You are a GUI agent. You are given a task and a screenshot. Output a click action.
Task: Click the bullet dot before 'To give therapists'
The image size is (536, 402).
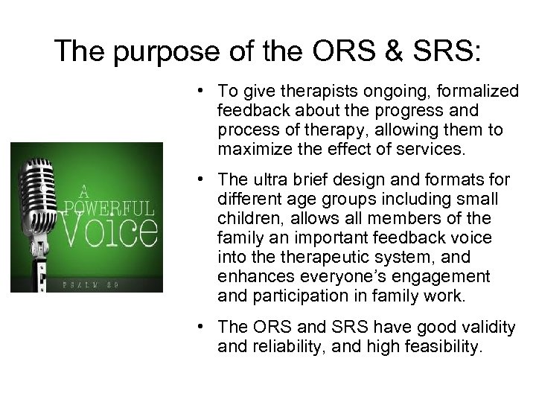click(x=202, y=92)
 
